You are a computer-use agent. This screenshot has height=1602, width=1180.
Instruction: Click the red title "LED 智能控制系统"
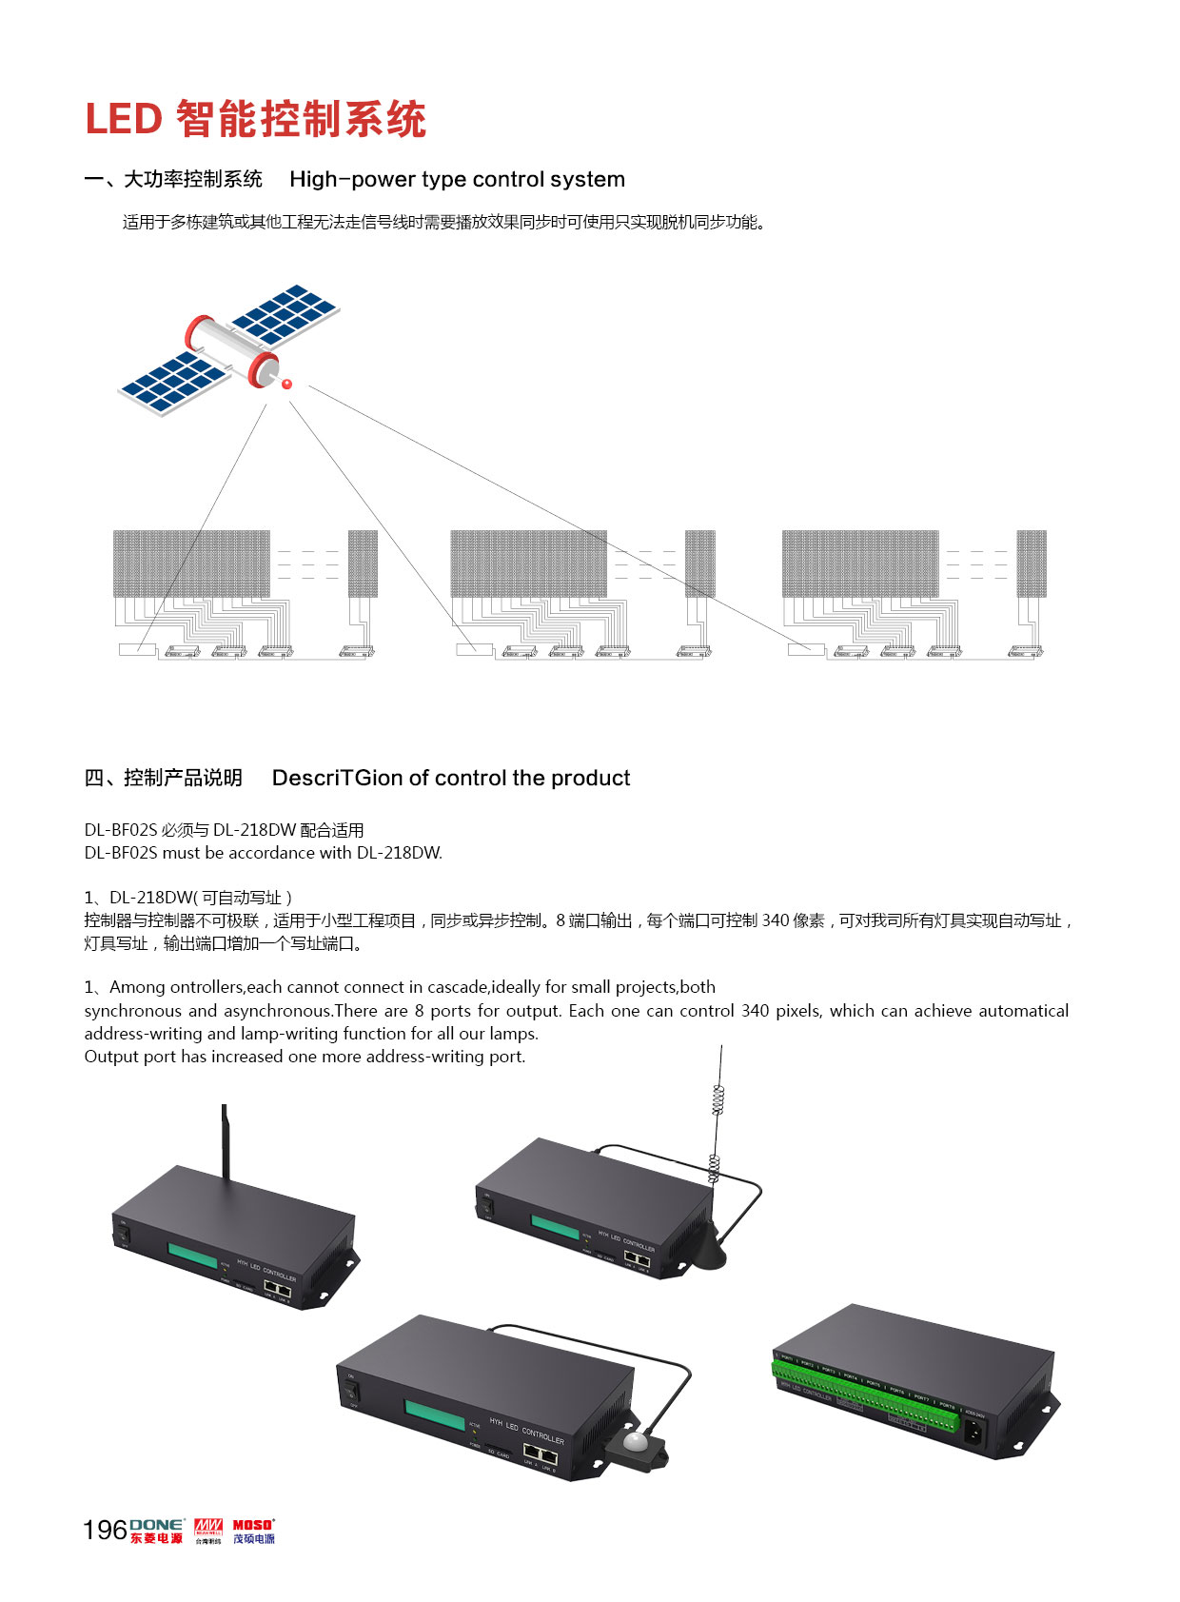(x=255, y=120)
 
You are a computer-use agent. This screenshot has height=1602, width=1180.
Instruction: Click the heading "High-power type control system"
(x=457, y=179)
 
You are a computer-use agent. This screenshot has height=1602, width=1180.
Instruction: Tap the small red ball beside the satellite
(x=285, y=384)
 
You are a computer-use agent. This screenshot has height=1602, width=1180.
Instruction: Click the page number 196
(x=105, y=1530)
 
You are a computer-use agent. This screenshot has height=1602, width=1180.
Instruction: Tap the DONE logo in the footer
(x=157, y=1531)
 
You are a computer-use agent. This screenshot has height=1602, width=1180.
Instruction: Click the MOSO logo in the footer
(x=254, y=1531)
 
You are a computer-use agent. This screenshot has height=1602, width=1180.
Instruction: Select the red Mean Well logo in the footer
(x=207, y=1529)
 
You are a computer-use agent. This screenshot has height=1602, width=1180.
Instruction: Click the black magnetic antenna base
(x=708, y=1249)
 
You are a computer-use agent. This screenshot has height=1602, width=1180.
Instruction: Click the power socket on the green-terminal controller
(x=975, y=1432)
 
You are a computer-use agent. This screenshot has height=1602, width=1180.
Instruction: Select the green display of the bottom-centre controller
(x=434, y=1414)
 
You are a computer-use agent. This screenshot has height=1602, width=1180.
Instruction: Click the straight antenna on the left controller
(x=226, y=1142)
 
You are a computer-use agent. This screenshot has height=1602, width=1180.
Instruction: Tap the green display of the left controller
(x=192, y=1256)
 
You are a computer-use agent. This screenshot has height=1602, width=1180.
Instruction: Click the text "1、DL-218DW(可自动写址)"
(x=188, y=897)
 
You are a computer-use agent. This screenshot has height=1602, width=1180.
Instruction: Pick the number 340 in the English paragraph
(x=755, y=1011)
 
